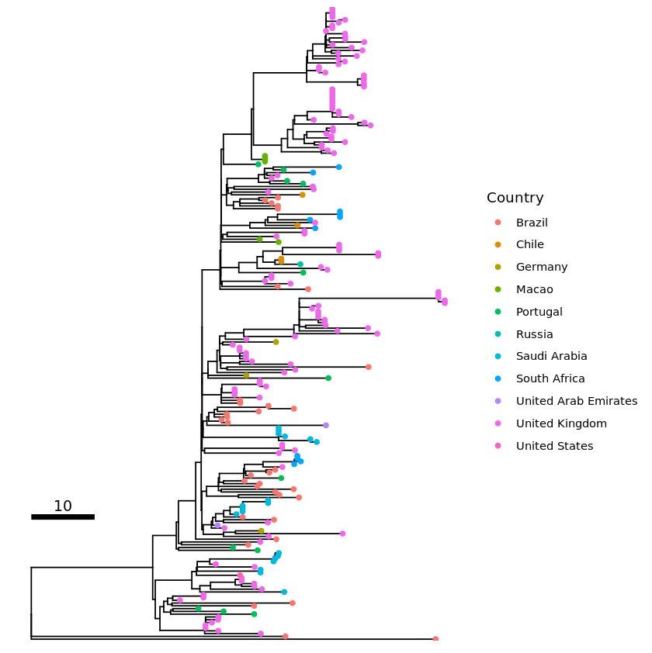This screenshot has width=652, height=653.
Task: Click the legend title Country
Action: click(515, 198)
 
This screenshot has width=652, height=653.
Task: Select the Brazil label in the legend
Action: click(532, 223)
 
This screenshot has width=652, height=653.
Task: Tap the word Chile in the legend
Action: click(529, 244)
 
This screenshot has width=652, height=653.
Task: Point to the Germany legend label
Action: click(541, 267)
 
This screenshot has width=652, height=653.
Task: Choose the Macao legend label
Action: click(534, 289)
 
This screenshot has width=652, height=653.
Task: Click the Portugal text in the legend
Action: click(539, 312)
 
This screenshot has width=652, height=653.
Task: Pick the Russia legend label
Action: click(534, 334)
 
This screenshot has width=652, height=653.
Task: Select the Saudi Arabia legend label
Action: click(551, 357)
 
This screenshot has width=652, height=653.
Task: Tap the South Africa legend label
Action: click(550, 378)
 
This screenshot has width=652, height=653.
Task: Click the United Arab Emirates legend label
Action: click(576, 401)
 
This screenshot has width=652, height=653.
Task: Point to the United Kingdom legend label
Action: click(561, 423)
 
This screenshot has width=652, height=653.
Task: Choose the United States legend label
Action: click(554, 446)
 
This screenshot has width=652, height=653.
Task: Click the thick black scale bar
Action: click(63, 517)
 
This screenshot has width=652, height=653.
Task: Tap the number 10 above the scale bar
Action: click(63, 506)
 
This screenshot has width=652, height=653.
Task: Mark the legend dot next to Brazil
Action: click(498, 223)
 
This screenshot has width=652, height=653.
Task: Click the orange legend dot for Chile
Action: click(498, 244)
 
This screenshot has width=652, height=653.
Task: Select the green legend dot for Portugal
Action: click(498, 312)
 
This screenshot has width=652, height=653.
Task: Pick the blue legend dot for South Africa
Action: click(498, 378)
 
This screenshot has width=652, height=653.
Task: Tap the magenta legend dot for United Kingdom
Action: click(498, 423)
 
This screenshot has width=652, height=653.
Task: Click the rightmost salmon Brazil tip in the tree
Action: click(435, 639)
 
